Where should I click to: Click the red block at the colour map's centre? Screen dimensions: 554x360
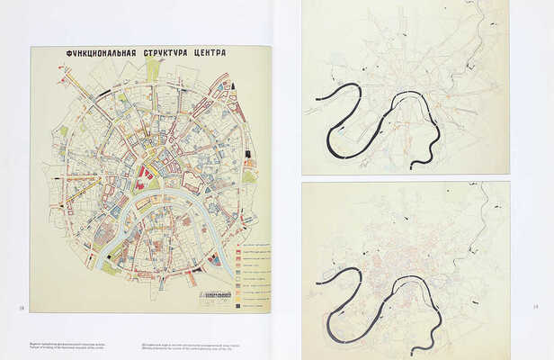(x=144, y=171)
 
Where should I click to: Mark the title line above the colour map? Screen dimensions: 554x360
(x=146, y=54)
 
